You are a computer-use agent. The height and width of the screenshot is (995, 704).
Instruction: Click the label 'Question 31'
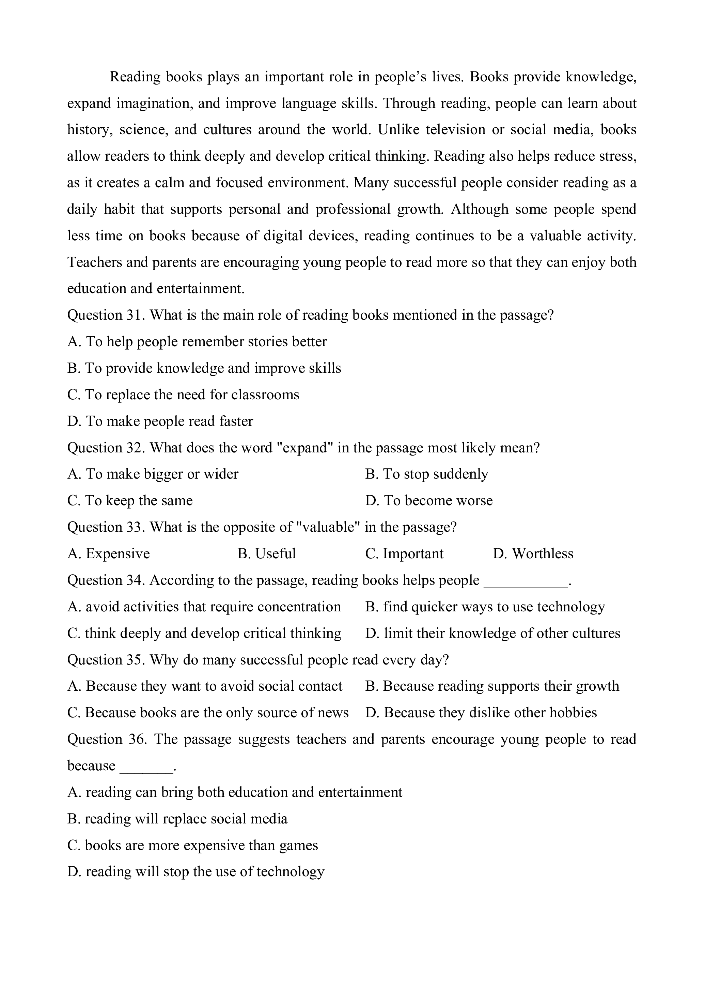click(x=105, y=315)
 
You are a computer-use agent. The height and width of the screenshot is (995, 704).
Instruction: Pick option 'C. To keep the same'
click(x=130, y=500)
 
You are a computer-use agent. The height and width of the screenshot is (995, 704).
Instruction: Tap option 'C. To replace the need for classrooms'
click(x=183, y=395)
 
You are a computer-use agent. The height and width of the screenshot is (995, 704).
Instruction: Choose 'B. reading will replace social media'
click(x=177, y=819)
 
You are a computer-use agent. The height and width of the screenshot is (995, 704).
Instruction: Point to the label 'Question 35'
click(x=105, y=660)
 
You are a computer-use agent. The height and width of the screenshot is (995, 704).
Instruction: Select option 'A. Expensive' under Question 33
click(x=108, y=554)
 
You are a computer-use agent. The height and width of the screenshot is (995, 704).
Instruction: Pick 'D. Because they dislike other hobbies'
click(x=481, y=713)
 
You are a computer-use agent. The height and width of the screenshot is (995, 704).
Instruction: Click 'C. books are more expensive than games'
click(x=192, y=846)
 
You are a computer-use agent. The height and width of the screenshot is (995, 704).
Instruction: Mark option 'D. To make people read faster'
click(x=160, y=421)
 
